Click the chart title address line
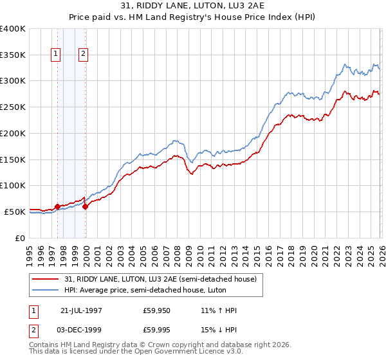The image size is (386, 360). (x=192, y=6)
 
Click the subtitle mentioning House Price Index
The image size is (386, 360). (x=192, y=17)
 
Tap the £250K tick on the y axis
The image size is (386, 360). (x=12, y=107)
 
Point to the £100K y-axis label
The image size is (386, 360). (x=12, y=185)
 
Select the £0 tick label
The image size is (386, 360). (x=20, y=238)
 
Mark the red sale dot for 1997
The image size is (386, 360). (x=57, y=206)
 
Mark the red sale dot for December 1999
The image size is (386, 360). (x=85, y=206)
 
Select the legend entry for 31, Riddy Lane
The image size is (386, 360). (x=160, y=278)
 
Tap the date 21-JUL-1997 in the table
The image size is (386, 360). (x=82, y=310)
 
